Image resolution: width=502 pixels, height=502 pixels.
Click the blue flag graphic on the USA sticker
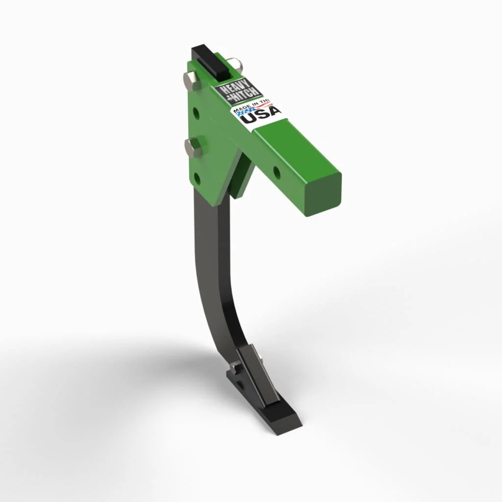(245, 113)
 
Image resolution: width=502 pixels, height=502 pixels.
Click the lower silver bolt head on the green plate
(192, 147)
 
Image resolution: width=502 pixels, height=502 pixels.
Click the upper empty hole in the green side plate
(196, 114)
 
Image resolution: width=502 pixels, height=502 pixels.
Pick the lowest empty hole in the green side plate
(197, 178)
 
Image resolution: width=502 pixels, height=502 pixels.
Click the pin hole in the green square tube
(276, 172)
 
